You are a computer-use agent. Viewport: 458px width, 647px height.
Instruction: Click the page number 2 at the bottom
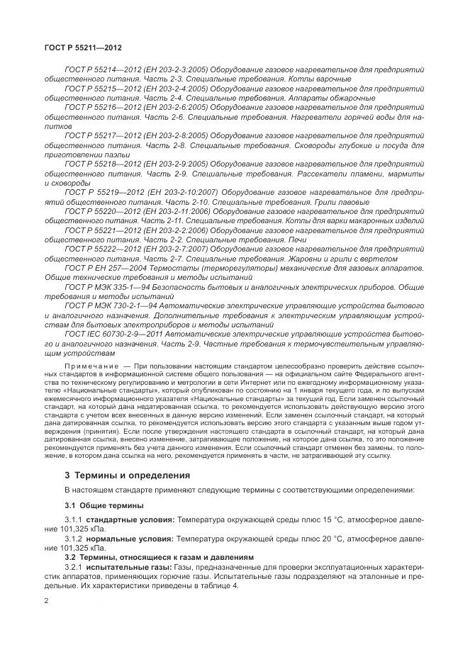(x=46, y=602)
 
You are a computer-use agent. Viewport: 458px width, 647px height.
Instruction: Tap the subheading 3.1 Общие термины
(x=104, y=505)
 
